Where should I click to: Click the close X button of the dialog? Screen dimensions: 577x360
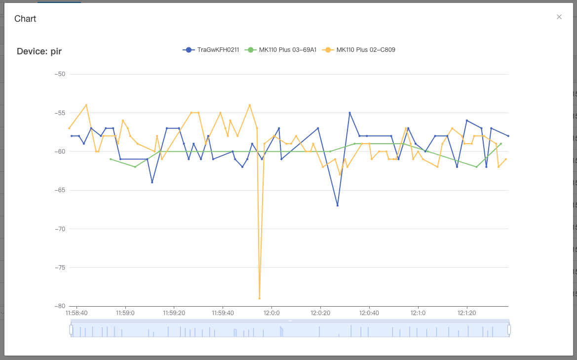click(x=559, y=17)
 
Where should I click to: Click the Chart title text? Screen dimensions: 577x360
click(x=25, y=19)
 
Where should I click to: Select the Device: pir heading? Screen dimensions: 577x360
click(x=39, y=51)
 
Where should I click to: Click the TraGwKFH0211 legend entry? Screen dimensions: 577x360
click(x=211, y=50)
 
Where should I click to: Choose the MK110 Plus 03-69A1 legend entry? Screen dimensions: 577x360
click(x=280, y=50)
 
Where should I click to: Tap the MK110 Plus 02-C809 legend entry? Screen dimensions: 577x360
click(x=358, y=50)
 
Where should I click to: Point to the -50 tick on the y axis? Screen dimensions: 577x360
click(x=60, y=74)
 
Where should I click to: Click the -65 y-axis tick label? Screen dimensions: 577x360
click(x=60, y=190)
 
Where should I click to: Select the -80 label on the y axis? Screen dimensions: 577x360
click(x=60, y=306)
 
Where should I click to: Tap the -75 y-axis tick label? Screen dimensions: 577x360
click(x=60, y=267)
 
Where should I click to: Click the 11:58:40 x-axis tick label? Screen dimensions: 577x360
click(x=77, y=313)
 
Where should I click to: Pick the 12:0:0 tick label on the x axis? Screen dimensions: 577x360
click(x=271, y=313)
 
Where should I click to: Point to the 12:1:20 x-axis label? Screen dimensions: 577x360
click(x=466, y=313)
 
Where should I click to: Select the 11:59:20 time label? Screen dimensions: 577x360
click(x=174, y=313)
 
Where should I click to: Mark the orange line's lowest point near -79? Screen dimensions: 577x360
click(x=260, y=298)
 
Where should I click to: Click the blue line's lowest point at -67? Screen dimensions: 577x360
click(x=338, y=205)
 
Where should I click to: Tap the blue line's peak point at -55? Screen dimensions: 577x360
click(x=349, y=113)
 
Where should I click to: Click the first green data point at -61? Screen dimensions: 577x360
click(x=111, y=159)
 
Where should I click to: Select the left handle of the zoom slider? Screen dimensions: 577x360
click(x=71, y=329)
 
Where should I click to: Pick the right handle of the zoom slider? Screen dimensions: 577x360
click(x=509, y=329)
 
